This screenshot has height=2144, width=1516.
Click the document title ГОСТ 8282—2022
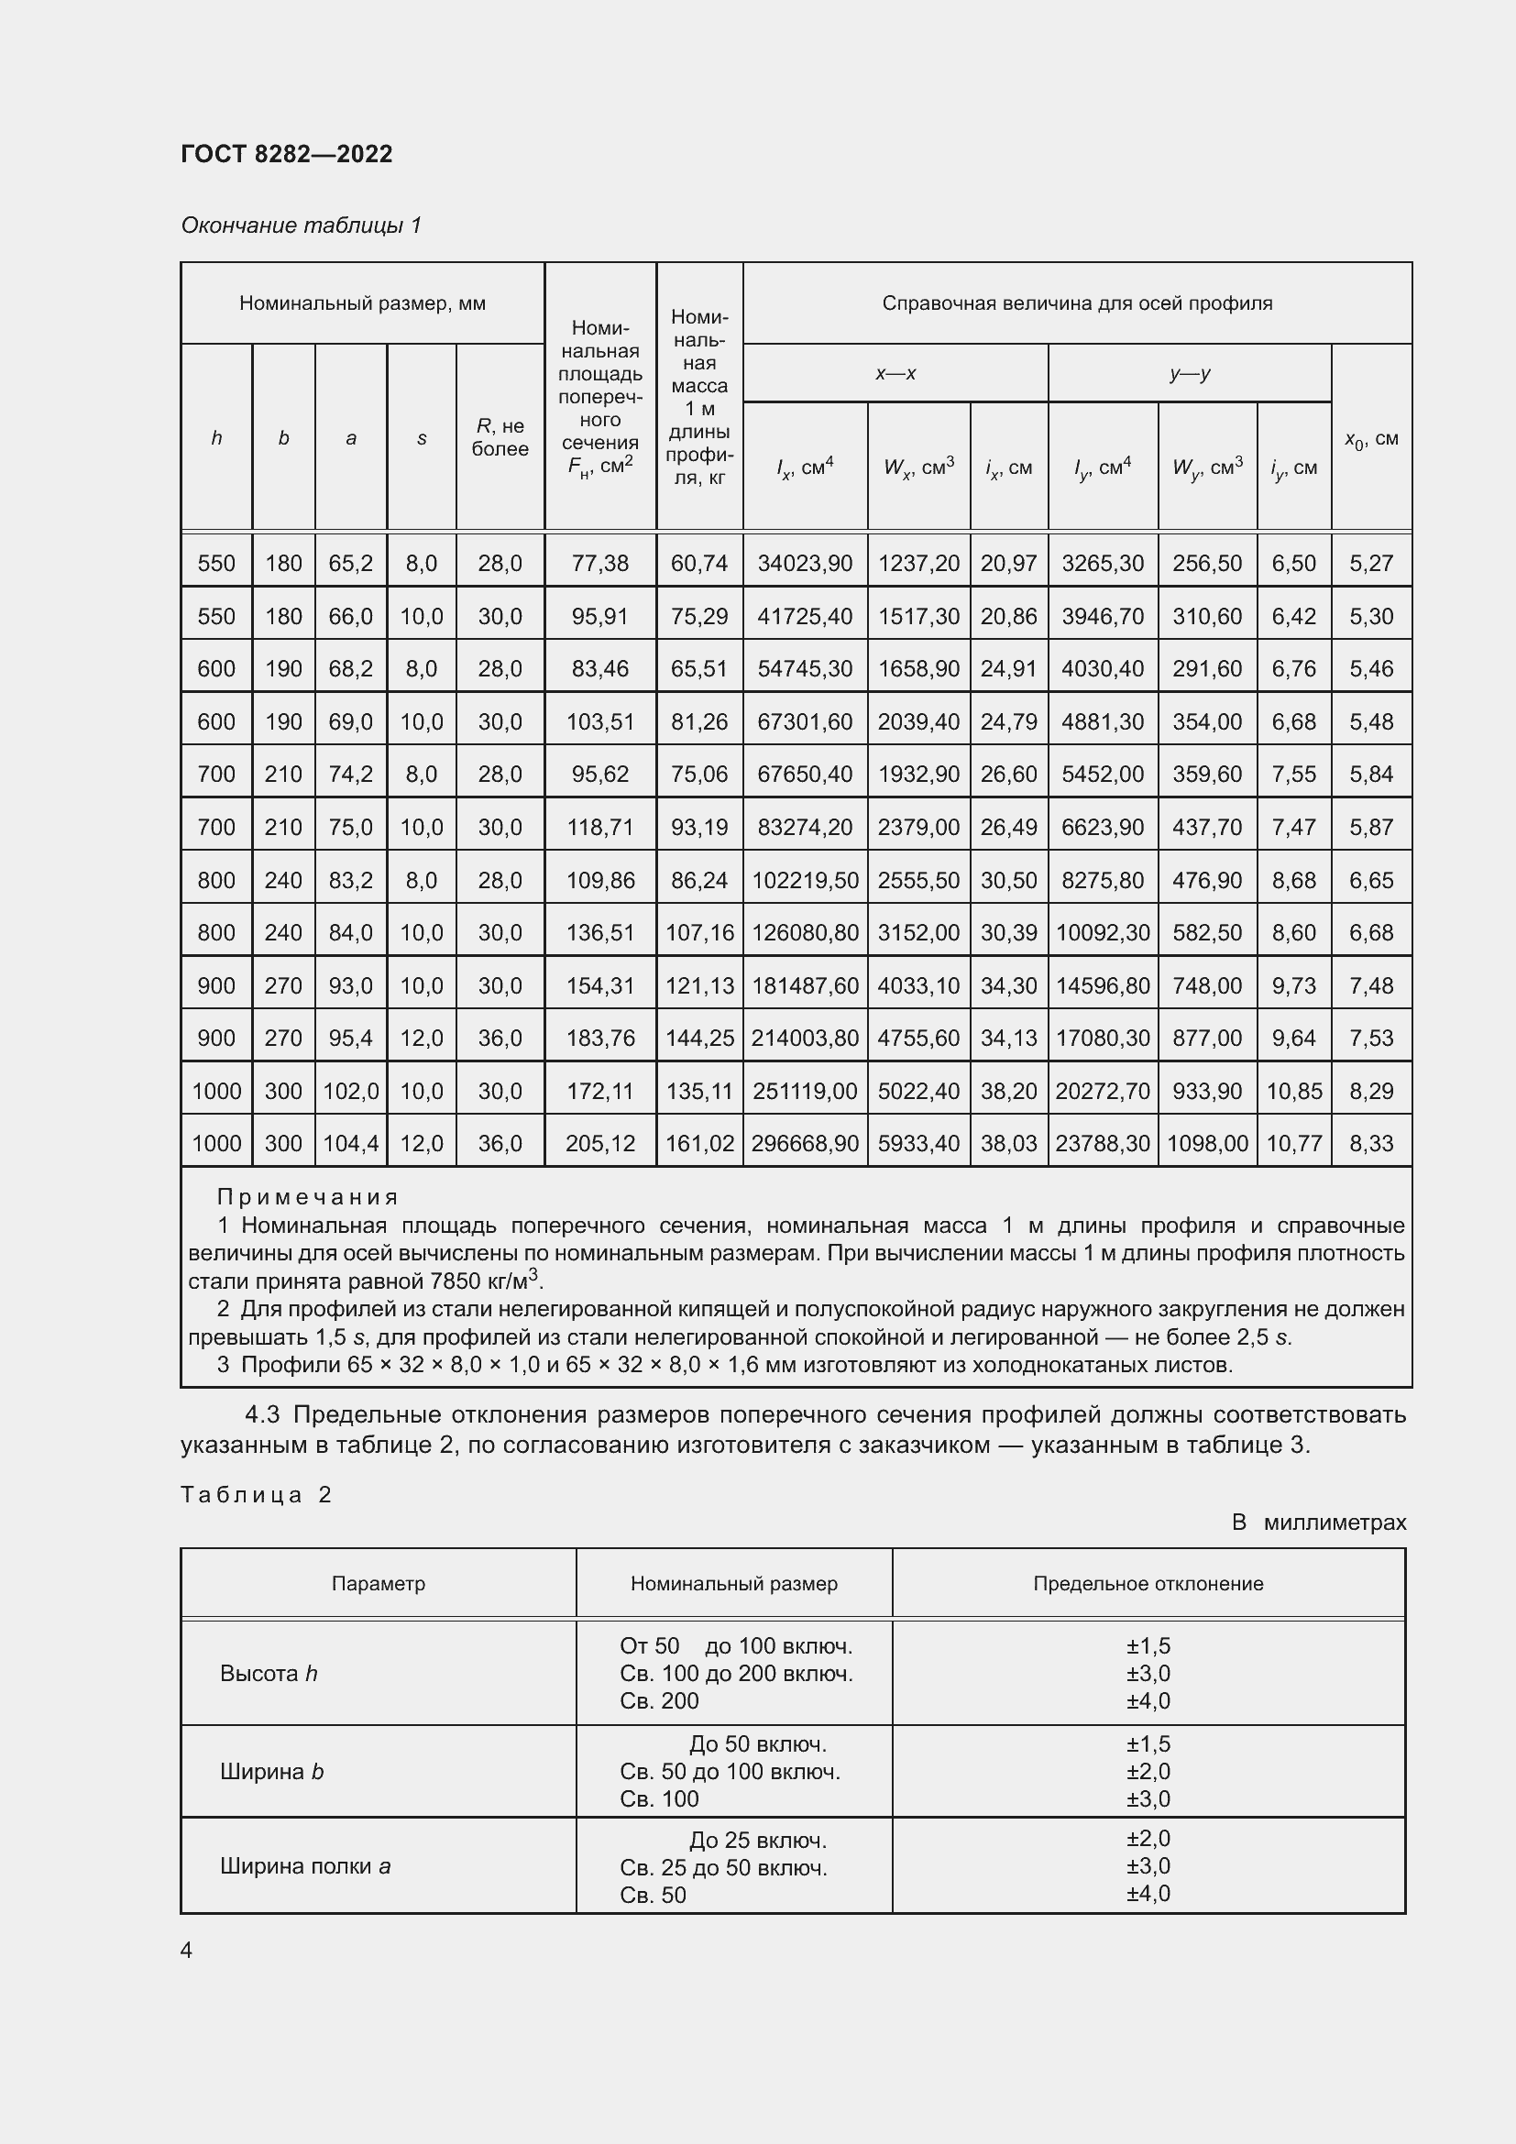287,154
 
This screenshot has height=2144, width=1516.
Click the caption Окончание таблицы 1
301,225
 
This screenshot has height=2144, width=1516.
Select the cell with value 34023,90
805,563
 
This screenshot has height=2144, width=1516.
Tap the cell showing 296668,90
805,1143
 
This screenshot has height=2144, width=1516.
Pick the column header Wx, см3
918,467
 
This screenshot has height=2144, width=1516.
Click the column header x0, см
1370,438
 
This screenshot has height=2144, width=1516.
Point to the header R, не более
500,437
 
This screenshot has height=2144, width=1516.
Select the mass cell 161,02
699,1143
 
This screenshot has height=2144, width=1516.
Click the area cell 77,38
600,563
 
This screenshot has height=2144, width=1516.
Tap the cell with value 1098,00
1207,1143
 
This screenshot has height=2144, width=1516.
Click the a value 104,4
351,1143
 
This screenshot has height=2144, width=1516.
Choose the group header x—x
895,373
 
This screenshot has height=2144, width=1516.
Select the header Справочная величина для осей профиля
1076,303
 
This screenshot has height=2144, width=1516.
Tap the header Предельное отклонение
1148,1584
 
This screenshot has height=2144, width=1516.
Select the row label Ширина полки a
305,1866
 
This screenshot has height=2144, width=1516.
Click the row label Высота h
269,1674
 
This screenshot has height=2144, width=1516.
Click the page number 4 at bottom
187,1950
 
